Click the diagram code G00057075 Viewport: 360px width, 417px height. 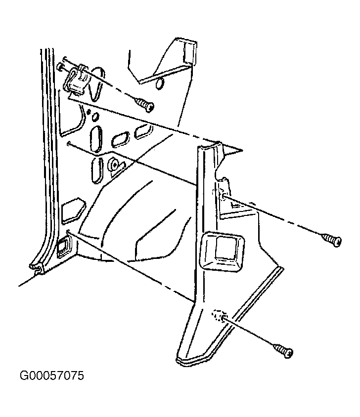[x=52, y=375]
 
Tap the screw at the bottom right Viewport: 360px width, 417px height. [x=283, y=350]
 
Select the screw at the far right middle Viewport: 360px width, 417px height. [x=332, y=240]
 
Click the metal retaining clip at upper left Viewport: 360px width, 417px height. [x=78, y=80]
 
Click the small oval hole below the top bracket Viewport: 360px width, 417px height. [x=160, y=84]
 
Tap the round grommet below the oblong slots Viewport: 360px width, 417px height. [x=113, y=166]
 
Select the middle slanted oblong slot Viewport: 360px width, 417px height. [x=120, y=140]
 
